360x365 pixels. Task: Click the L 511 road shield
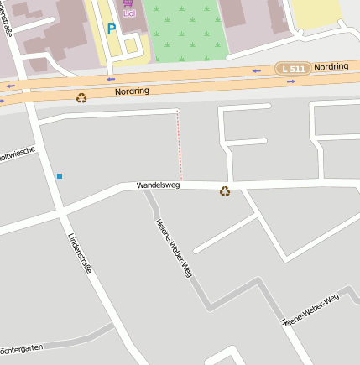(x=293, y=67)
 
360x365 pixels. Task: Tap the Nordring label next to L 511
(x=331, y=66)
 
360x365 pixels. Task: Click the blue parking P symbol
(x=111, y=29)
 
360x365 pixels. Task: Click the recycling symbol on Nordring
(x=81, y=98)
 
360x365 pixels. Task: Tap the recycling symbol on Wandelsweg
(x=225, y=191)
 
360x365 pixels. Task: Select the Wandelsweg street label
(x=158, y=185)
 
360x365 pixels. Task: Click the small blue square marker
(x=60, y=176)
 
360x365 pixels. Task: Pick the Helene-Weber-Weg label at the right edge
(x=310, y=310)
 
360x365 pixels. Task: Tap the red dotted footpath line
(x=179, y=147)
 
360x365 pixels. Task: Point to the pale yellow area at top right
(x=317, y=13)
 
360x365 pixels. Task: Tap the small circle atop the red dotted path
(x=177, y=111)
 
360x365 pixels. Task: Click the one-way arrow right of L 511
(x=290, y=82)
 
